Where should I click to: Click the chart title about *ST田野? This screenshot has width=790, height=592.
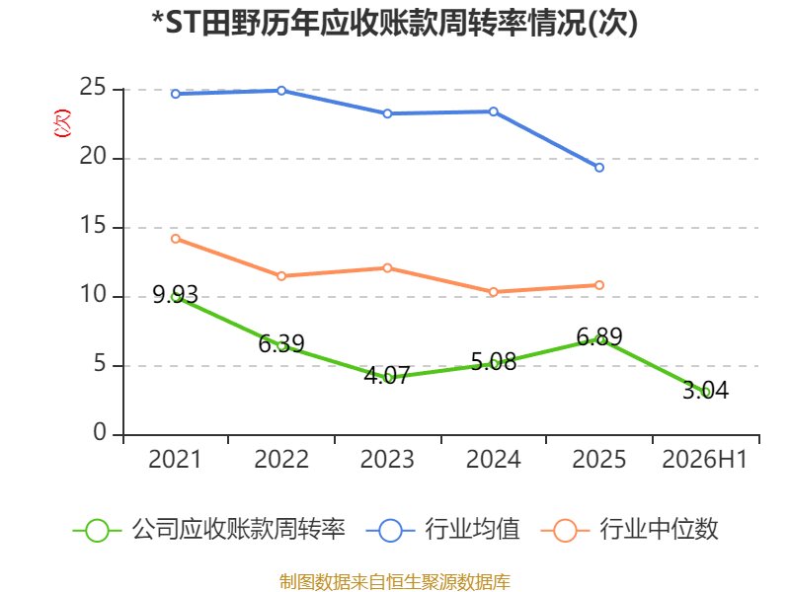point(394,23)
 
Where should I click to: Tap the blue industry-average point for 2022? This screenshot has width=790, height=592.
point(281,91)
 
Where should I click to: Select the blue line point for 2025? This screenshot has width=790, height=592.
point(599,168)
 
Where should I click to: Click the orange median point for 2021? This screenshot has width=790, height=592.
point(176,239)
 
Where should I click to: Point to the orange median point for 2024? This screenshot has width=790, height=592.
point(493,292)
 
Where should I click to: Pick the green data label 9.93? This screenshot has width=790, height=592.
point(176,294)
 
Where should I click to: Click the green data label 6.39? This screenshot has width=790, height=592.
point(281,343)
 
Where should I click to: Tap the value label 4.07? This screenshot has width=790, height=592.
point(387,376)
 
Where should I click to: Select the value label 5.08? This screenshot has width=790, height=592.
point(494,362)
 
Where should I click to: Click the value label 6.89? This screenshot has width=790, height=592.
point(599,336)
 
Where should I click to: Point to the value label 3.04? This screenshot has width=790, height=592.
point(705,390)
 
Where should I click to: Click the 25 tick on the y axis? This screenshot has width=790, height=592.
point(93,88)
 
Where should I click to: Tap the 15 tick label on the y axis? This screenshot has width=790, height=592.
point(93,226)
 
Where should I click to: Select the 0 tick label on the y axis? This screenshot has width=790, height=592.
point(100,432)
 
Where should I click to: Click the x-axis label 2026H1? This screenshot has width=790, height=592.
point(704,459)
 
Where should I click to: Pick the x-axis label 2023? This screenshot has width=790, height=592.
point(387,459)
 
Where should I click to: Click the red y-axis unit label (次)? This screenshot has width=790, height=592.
point(62,123)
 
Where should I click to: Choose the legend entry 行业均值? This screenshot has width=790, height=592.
point(442,530)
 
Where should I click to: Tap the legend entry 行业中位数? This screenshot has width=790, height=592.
point(629,530)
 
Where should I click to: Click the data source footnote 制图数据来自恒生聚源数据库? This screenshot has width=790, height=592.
point(395,582)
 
